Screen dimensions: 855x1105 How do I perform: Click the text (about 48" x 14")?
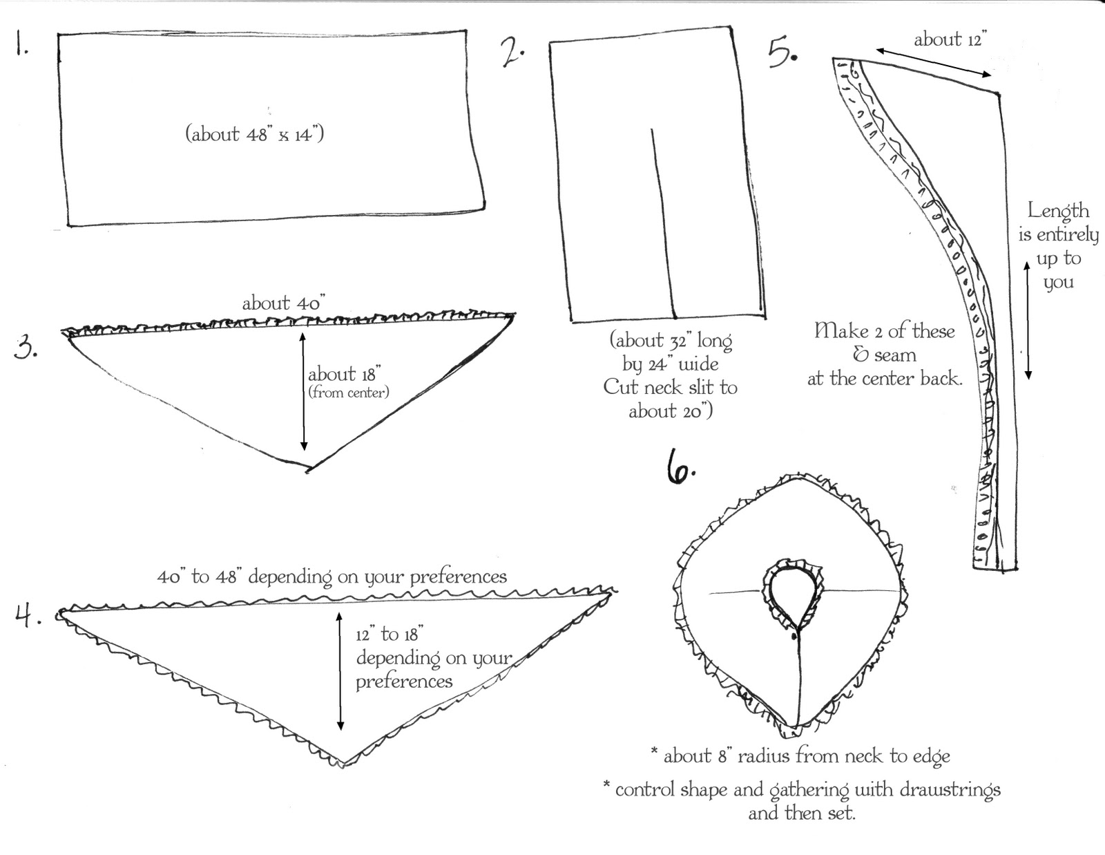pyautogui.click(x=255, y=133)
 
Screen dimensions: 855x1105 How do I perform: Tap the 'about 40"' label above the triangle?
pyautogui.click(x=283, y=303)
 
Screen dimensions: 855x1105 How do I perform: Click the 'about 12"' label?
pyautogui.click(x=950, y=39)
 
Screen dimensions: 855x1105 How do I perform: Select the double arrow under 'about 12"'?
pyautogui.click(x=933, y=62)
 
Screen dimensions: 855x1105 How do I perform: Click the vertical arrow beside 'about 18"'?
pyautogui.click(x=302, y=391)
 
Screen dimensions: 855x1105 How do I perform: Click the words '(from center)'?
pyautogui.click(x=349, y=393)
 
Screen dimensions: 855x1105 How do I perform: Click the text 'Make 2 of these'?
pyautogui.click(x=885, y=330)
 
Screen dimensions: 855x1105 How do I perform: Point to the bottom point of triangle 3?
pyautogui.click(x=307, y=469)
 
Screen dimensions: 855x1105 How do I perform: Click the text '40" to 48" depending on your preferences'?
pyautogui.click(x=331, y=576)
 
